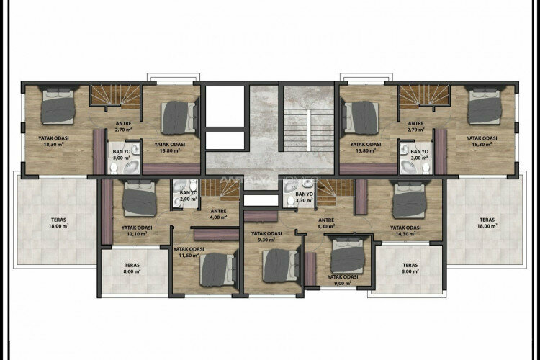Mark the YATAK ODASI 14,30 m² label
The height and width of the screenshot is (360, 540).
[407, 231]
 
